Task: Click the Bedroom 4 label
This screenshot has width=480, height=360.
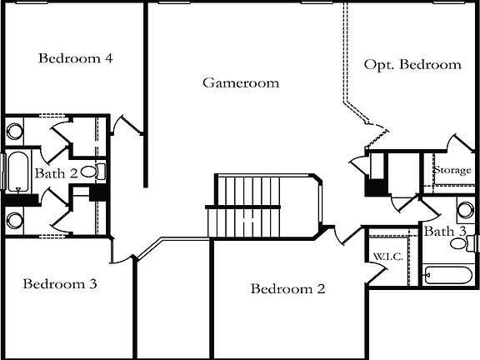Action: (x=76, y=58)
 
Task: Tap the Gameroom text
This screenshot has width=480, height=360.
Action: (x=241, y=82)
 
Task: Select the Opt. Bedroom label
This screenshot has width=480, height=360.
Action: (x=412, y=64)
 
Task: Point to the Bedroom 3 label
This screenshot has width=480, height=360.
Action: (x=60, y=283)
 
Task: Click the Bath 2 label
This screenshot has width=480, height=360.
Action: (x=56, y=173)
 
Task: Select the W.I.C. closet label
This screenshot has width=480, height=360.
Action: (x=387, y=256)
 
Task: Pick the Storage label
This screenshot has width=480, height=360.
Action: (x=451, y=170)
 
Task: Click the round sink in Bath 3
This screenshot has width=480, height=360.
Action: (x=463, y=209)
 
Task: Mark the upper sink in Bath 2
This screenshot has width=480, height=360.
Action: (x=14, y=131)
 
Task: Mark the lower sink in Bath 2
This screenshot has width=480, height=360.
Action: (x=14, y=221)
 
